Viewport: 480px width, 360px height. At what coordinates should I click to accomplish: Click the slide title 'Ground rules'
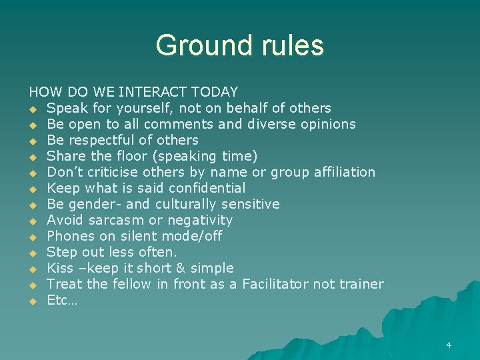click(239, 45)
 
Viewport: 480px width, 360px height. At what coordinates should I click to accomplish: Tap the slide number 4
click(449, 345)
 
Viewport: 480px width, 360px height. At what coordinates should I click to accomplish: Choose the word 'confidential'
click(207, 188)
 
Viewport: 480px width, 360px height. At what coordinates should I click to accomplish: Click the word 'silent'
click(140, 236)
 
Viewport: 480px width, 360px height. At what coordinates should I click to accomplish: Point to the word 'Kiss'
click(60, 268)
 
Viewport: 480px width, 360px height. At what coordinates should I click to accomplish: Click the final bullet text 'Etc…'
click(62, 300)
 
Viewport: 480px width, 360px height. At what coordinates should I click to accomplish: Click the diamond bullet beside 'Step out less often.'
click(32, 253)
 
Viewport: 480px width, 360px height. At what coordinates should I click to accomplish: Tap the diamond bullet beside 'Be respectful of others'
click(32, 141)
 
